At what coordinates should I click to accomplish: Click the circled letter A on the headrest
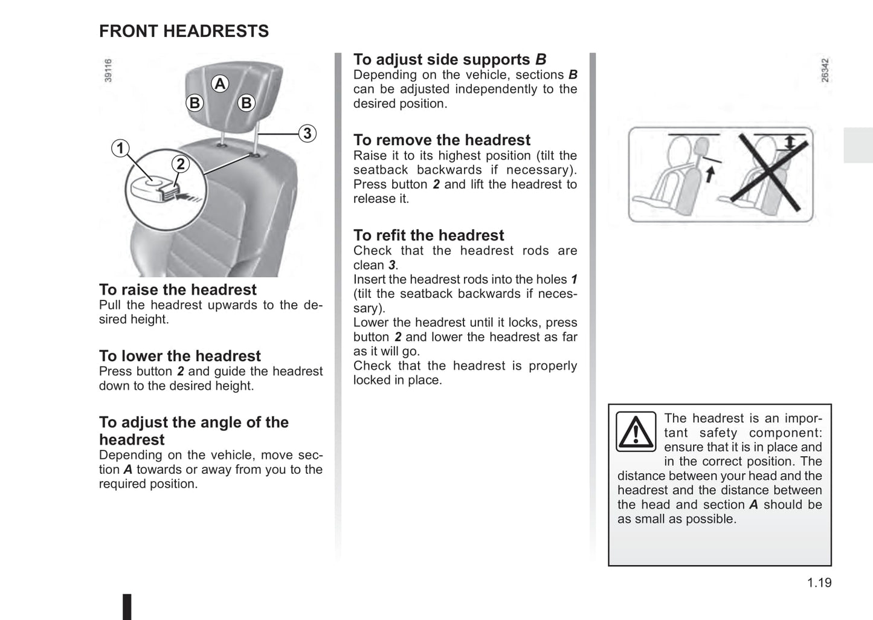pos(220,84)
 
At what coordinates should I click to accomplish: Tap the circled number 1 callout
pos(120,148)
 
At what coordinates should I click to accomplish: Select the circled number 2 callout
pos(180,164)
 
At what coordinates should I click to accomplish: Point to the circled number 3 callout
pos(308,133)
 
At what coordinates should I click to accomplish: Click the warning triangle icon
pos(636,431)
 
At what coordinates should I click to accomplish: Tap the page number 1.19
pos(819,583)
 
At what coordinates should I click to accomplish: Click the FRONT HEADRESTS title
pos(184,31)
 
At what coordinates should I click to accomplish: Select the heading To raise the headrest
pos(178,289)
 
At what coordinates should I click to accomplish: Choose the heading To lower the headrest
pos(180,356)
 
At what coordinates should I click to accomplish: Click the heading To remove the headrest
pos(442,140)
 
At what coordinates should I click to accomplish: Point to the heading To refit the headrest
pos(428,235)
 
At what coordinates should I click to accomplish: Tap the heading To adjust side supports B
pos(449,59)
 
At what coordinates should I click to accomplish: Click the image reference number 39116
pos(108,70)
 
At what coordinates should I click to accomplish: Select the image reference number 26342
pos(825,70)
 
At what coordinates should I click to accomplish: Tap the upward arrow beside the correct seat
pos(710,174)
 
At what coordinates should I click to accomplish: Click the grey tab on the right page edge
pos(858,145)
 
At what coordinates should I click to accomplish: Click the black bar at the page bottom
pos(127,607)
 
